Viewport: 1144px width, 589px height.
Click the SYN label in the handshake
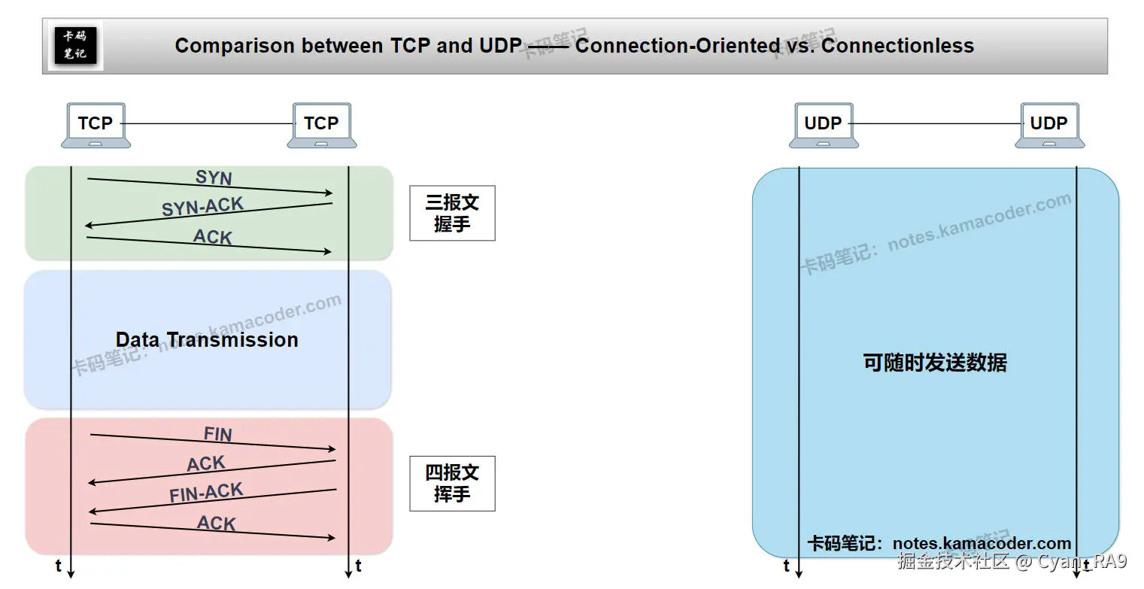(x=214, y=178)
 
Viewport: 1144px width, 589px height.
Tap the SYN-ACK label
(x=202, y=206)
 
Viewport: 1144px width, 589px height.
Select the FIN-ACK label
(x=206, y=493)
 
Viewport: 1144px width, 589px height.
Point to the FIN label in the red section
(x=217, y=434)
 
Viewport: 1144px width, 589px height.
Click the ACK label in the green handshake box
(x=212, y=237)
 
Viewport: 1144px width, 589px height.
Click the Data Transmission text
(x=207, y=340)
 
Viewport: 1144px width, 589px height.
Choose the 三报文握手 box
(x=452, y=213)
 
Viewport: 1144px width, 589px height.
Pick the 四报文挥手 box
(x=452, y=483)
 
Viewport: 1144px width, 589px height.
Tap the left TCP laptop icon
(x=96, y=125)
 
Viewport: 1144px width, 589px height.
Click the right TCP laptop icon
(x=321, y=125)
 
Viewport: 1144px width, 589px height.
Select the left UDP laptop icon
(x=823, y=125)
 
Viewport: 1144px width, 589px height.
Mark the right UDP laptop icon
(x=1048, y=125)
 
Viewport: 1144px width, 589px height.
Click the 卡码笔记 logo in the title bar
(x=75, y=45)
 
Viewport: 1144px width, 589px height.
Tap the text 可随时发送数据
(x=934, y=363)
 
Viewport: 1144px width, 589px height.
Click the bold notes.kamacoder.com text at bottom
(x=982, y=543)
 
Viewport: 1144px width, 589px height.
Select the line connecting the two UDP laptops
(x=935, y=123)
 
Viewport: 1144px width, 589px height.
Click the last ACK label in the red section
(x=216, y=523)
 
